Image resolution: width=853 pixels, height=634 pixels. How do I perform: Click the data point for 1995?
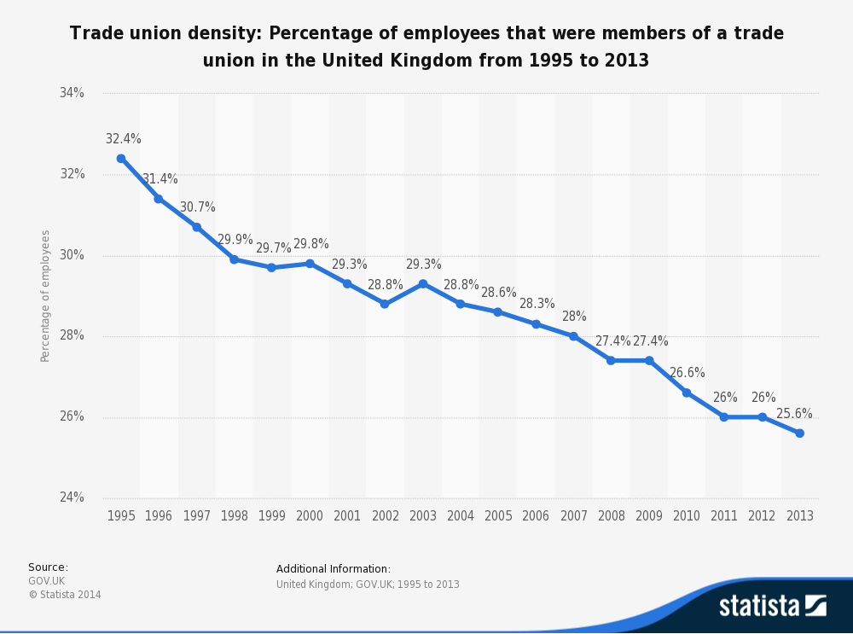tap(121, 159)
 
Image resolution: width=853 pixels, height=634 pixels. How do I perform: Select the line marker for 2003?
tap(423, 283)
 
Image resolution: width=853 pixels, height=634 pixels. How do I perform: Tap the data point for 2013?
tap(799, 433)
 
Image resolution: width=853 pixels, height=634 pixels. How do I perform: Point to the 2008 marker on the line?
tap(611, 360)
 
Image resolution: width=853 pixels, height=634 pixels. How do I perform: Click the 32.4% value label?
tap(124, 139)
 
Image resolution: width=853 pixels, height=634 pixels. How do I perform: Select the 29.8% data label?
tap(311, 244)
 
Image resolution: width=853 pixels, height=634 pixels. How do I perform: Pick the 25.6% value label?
tap(794, 414)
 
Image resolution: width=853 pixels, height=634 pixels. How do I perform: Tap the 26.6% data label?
tap(687, 373)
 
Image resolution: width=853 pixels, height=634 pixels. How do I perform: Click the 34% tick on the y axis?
tap(71, 93)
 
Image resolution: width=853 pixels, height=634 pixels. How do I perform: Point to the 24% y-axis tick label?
tap(71, 497)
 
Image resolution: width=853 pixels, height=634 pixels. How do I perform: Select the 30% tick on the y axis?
tap(71, 255)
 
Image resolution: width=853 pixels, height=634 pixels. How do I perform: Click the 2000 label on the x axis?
tap(310, 516)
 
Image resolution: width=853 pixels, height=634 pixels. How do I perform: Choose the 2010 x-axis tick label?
tap(687, 516)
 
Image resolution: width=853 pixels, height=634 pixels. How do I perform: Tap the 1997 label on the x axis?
tap(196, 516)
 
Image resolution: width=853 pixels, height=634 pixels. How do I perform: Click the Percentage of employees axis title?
tap(46, 295)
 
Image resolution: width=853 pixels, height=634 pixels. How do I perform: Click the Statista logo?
tap(772, 606)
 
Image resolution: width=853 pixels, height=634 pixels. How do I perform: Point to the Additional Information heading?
tap(334, 569)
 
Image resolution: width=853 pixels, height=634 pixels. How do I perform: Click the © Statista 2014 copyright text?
tap(65, 595)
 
